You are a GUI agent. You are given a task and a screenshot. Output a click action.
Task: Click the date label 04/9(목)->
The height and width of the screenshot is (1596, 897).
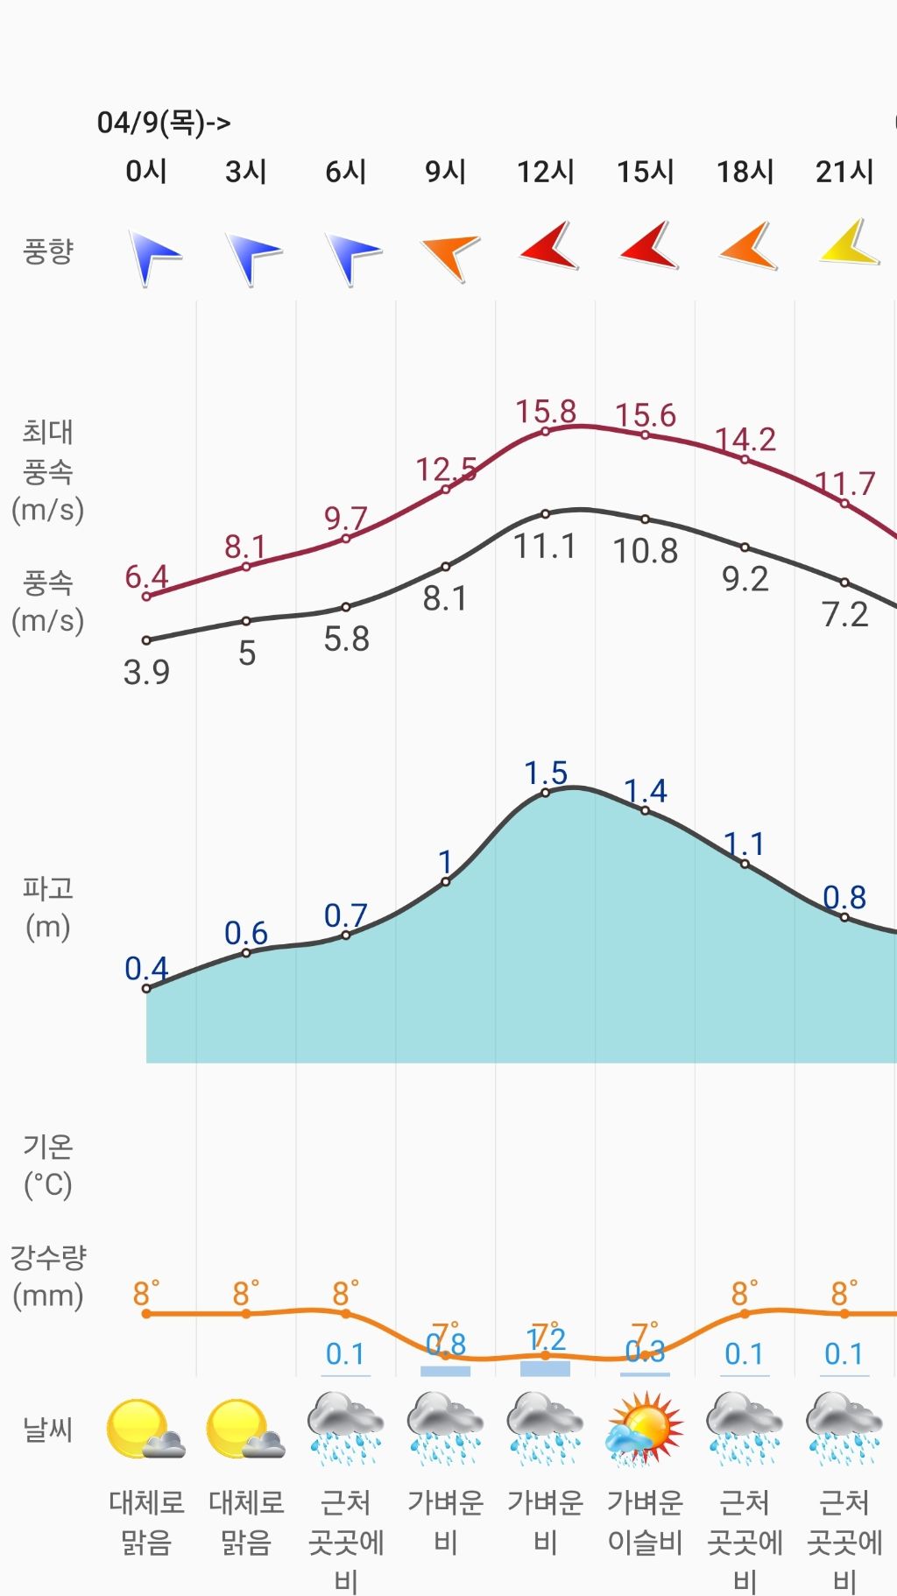(x=164, y=123)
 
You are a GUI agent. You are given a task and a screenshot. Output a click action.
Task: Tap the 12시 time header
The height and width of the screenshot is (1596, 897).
(x=545, y=172)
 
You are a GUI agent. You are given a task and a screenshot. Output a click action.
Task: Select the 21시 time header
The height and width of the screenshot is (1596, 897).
(x=844, y=172)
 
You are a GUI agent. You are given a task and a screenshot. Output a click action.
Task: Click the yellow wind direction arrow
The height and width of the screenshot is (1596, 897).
(x=849, y=244)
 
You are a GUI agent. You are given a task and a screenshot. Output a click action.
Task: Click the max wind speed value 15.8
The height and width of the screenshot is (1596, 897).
(x=545, y=411)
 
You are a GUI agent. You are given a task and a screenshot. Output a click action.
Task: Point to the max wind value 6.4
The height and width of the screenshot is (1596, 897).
(x=146, y=577)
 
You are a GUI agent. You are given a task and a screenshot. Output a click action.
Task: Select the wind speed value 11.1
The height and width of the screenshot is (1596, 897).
(x=545, y=547)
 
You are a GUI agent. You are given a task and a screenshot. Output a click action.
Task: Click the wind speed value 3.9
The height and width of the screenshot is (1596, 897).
(x=146, y=672)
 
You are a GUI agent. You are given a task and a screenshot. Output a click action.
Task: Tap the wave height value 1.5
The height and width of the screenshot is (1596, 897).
(x=546, y=773)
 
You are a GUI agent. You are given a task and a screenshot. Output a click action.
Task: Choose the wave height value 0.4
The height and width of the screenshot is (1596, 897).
(x=146, y=969)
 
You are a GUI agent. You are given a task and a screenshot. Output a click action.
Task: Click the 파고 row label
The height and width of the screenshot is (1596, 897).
(x=47, y=907)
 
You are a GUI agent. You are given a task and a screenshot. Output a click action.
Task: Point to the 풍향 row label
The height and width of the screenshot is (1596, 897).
(x=47, y=251)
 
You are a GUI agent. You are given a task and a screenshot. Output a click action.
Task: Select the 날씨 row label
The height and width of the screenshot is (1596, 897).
(x=47, y=1430)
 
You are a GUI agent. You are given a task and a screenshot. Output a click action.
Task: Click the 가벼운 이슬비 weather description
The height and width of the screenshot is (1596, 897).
(x=645, y=1522)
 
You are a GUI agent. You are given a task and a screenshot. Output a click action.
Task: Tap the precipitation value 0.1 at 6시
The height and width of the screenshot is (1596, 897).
(x=345, y=1354)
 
